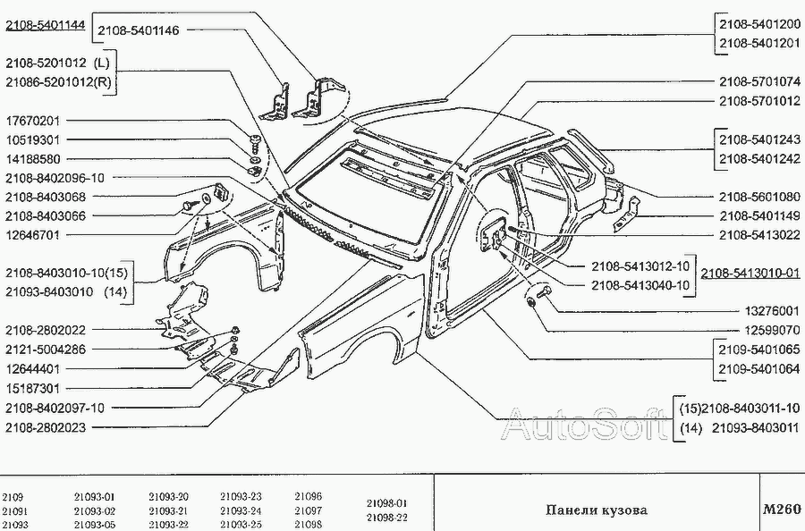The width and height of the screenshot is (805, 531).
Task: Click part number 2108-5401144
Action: [x=46, y=27]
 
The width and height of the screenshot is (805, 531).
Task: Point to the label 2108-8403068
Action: [x=46, y=197]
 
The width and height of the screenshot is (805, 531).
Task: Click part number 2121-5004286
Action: [x=46, y=349]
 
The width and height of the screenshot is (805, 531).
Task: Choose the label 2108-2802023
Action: [x=46, y=427]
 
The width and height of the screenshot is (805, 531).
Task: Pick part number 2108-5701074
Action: [x=759, y=81]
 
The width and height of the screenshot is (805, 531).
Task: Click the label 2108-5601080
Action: [x=759, y=196]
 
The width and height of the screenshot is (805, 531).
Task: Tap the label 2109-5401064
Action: [x=759, y=367]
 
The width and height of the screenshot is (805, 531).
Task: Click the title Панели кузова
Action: [x=597, y=510]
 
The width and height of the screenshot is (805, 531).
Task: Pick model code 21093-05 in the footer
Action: [x=95, y=524]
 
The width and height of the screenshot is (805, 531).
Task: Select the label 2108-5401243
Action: [x=759, y=139]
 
